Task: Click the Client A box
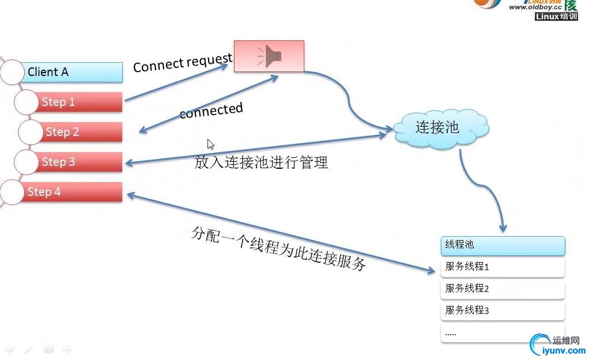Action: [74, 72]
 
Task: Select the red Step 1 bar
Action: [81, 102]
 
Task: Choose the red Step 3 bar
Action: [81, 162]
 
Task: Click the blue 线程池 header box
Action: [503, 245]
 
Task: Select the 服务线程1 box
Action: [503, 267]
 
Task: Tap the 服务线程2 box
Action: [503, 289]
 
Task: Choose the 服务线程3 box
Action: [503, 310]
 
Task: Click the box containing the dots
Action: [503, 332]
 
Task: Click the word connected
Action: [211, 111]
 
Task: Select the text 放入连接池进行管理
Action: [261, 162]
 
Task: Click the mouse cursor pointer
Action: [210, 144]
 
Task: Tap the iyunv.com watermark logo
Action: [557, 344]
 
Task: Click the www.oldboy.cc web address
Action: [534, 7]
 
